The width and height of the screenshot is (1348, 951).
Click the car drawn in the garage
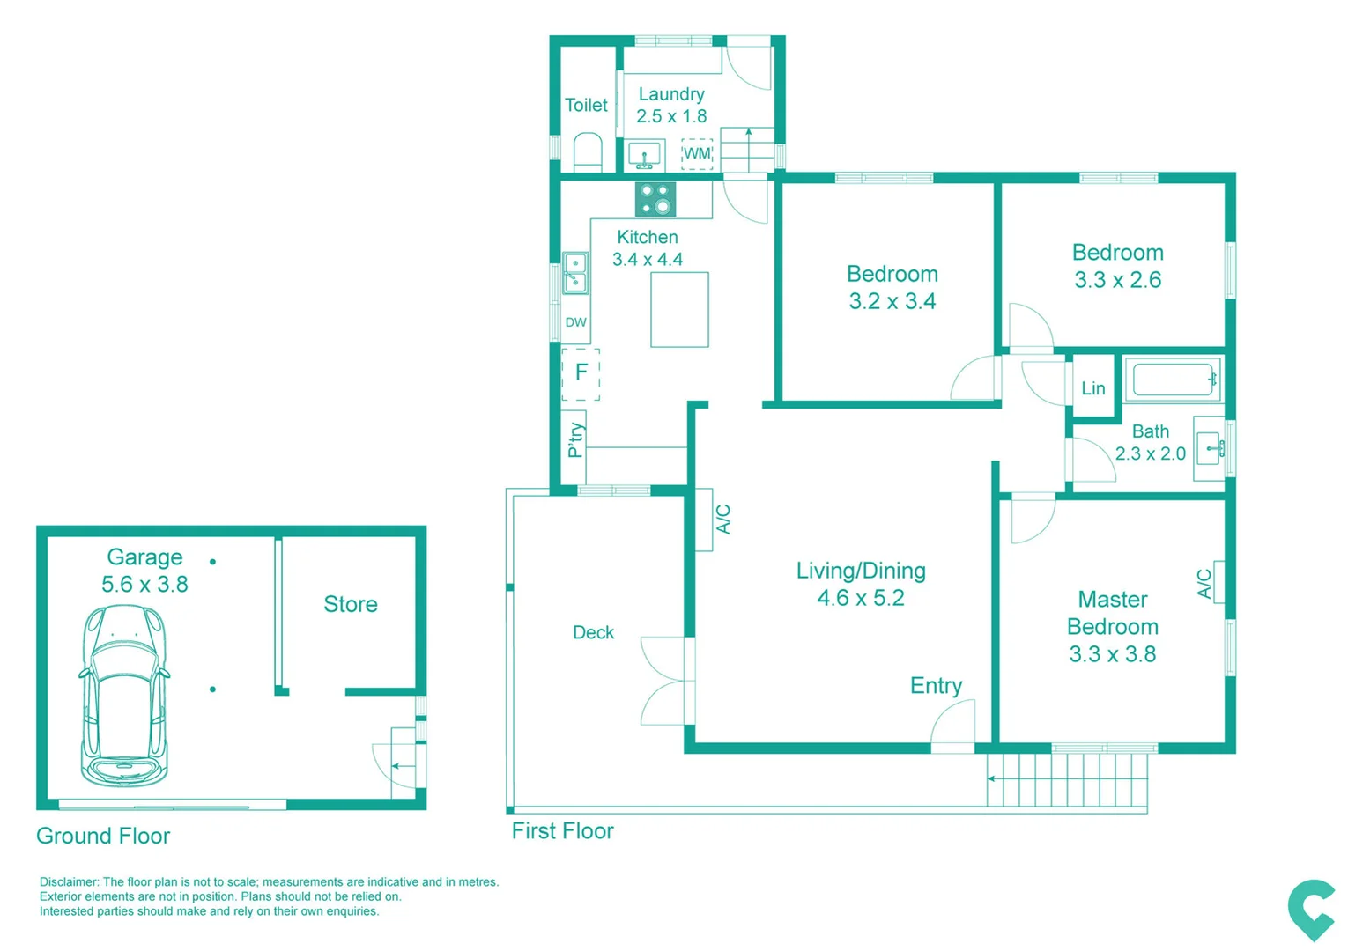point(124,696)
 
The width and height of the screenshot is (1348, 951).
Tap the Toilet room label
point(586,106)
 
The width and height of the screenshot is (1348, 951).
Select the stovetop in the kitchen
point(655,199)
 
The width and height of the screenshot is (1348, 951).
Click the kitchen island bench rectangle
point(679,310)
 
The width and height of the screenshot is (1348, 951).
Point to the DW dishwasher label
point(575,322)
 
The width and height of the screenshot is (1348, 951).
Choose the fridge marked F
point(581,373)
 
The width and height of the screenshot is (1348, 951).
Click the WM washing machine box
point(697,154)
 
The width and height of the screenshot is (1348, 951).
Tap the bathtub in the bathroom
point(1173,380)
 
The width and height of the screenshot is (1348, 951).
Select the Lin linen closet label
point(1092,388)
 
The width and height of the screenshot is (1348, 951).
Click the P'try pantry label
point(574,439)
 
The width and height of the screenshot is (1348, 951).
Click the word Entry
point(936,686)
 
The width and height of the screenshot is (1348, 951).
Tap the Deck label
point(593,632)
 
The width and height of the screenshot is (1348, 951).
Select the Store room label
point(350,604)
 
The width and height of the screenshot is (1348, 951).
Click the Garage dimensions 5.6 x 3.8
point(144,585)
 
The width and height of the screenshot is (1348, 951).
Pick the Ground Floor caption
point(103,836)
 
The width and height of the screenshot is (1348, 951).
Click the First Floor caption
point(562,831)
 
